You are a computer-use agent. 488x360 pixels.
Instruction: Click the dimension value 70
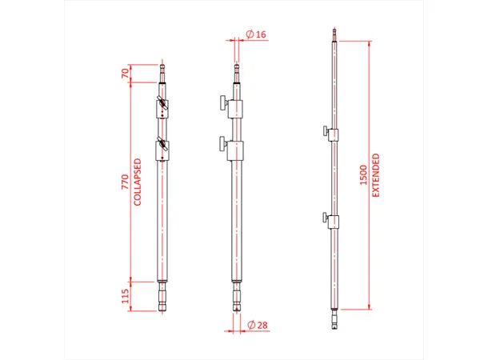pyautogui.click(x=125, y=73)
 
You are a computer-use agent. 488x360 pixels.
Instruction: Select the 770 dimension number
pyautogui.click(x=125, y=182)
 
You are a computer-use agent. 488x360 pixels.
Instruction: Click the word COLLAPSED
pyautogui.click(x=138, y=182)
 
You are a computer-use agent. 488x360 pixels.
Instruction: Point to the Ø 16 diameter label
pyautogui.click(x=257, y=34)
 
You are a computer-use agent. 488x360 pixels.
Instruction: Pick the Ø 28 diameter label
pyautogui.click(x=257, y=325)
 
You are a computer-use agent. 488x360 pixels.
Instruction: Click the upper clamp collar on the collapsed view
pyautogui.click(x=162, y=106)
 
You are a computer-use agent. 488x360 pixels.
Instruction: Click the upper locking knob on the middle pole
pyautogui.click(x=220, y=103)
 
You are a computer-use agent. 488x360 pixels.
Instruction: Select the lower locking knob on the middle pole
pyautogui.click(x=220, y=144)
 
